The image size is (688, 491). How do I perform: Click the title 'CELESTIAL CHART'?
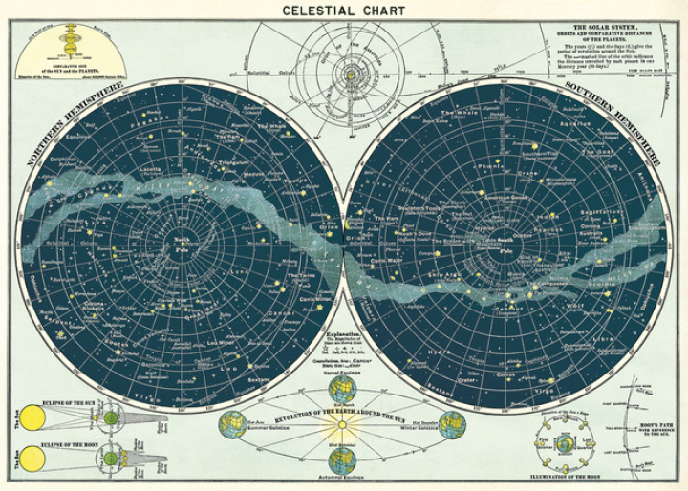click(343, 11)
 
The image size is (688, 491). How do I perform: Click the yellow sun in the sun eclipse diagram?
click(31, 417)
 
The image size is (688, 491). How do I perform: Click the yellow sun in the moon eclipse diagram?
click(32, 459)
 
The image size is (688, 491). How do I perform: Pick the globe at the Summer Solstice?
click(231, 424)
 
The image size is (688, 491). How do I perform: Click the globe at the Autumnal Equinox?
click(343, 460)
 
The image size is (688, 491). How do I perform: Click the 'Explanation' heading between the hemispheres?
click(344, 334)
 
